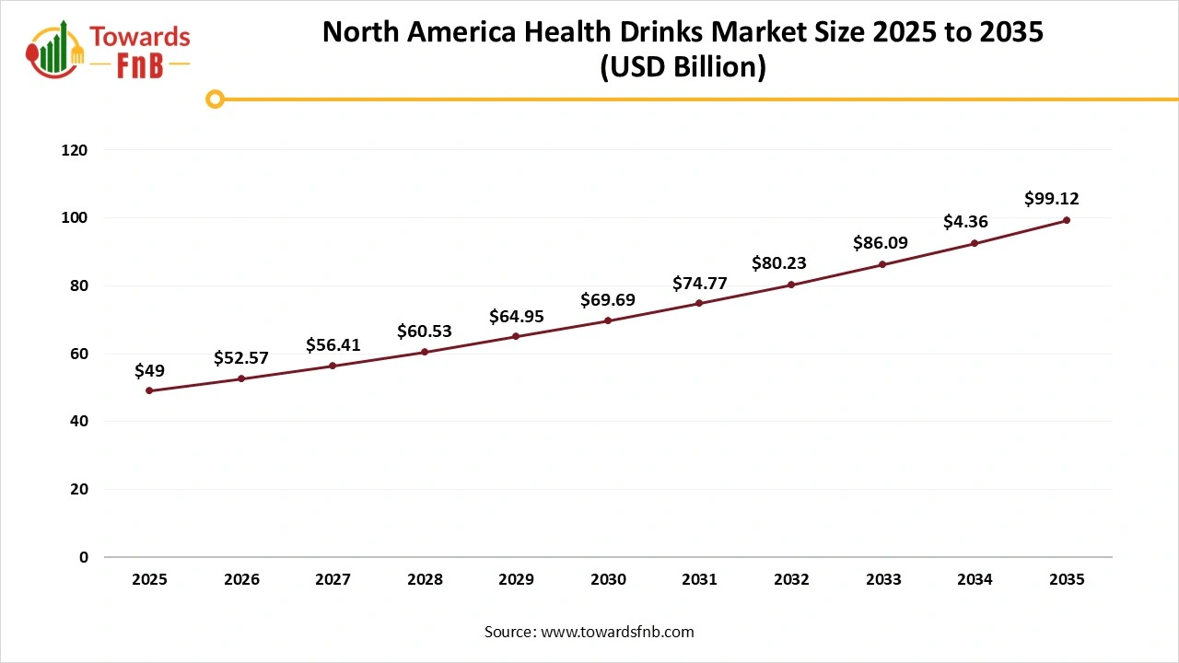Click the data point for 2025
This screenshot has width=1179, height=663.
point(149,390)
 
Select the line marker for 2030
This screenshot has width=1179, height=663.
point(608,320)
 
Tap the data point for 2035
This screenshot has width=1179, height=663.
point(1067,220)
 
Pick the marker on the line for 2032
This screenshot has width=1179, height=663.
point(791,285)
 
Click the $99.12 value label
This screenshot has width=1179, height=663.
point(1052,198)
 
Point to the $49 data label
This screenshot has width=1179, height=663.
point(149,370)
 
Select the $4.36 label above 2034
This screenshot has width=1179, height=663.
point(965,222)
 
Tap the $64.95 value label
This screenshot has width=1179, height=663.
point(516,316)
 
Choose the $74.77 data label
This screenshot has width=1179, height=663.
point(700,283)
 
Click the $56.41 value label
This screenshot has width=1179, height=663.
point(333,345)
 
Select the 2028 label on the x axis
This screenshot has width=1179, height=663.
point(425,580)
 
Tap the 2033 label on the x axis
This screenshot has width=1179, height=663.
point(883,580)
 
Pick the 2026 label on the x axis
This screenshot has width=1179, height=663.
point(241,580)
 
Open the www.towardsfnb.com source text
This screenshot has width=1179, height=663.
point(616,632)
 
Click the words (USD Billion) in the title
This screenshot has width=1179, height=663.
point(683,67)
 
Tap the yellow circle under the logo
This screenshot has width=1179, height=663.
point(215,99)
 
